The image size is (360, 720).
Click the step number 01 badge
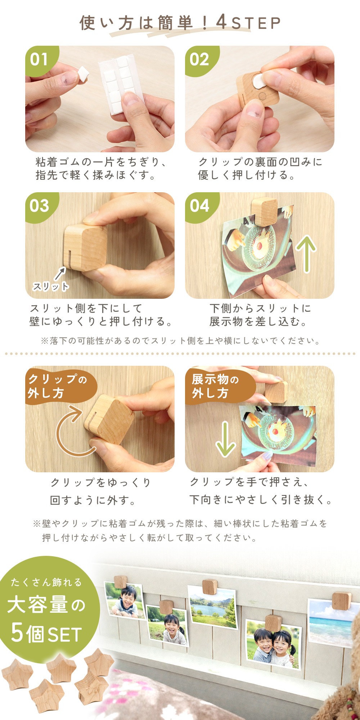tap(39, 59)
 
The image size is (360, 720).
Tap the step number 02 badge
tap(199, 59)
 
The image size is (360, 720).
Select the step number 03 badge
tap(39, 206)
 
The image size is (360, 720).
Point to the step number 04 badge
tap(199, 206)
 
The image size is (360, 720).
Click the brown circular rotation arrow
tap(72, 432)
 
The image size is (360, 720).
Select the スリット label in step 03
tap(50, 287)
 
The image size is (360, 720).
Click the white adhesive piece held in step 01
tap(83, 74)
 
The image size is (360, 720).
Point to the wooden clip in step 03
tap(85, 247)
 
